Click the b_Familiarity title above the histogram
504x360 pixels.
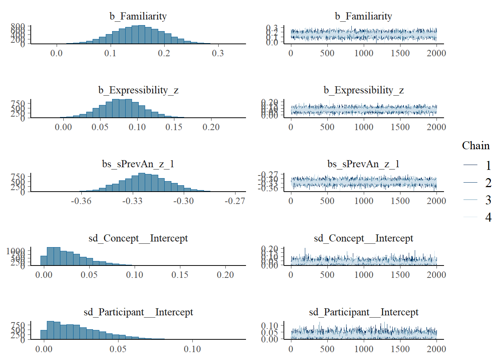pyautogui.click(x=138, y=16)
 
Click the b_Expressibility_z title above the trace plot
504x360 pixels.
pyautogui.click(x=363, y=90)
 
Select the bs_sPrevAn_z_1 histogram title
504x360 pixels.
pyautogui.click(x=138, y=164)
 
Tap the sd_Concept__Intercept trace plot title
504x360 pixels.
pyautogui.click(x=363, y=238)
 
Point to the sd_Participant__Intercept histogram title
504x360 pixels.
pyautogui.click(x=138, y=312)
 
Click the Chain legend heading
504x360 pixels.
pyautogui.click(x=475, y=145)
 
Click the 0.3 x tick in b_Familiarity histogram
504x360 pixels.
pyautogui.click(x=218, y=53)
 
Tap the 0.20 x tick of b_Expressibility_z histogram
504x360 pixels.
pyautogui.click(x=211, y=127)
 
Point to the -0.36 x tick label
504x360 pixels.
pyautogui.click(x=81, y=201)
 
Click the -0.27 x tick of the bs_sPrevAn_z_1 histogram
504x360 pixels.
pyautogui.click(x=235, y=201)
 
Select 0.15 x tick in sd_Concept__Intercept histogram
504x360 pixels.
pyautogui.click(x=180, y=275)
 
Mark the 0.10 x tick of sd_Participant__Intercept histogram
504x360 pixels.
pyautogui.click(x=192, y=349)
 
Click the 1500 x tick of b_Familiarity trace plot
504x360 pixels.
pyautogui.click(x=400, y=53)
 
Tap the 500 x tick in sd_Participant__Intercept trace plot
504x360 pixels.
pyautogui.click(x=327, y=349)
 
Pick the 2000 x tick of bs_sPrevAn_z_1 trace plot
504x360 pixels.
pyautogui.click(x=436, y=201)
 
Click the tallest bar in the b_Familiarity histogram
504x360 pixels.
pyautogui.click(x=141, y=34)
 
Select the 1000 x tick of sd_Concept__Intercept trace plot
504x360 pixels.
pyautogui.click(x=364, y=275)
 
